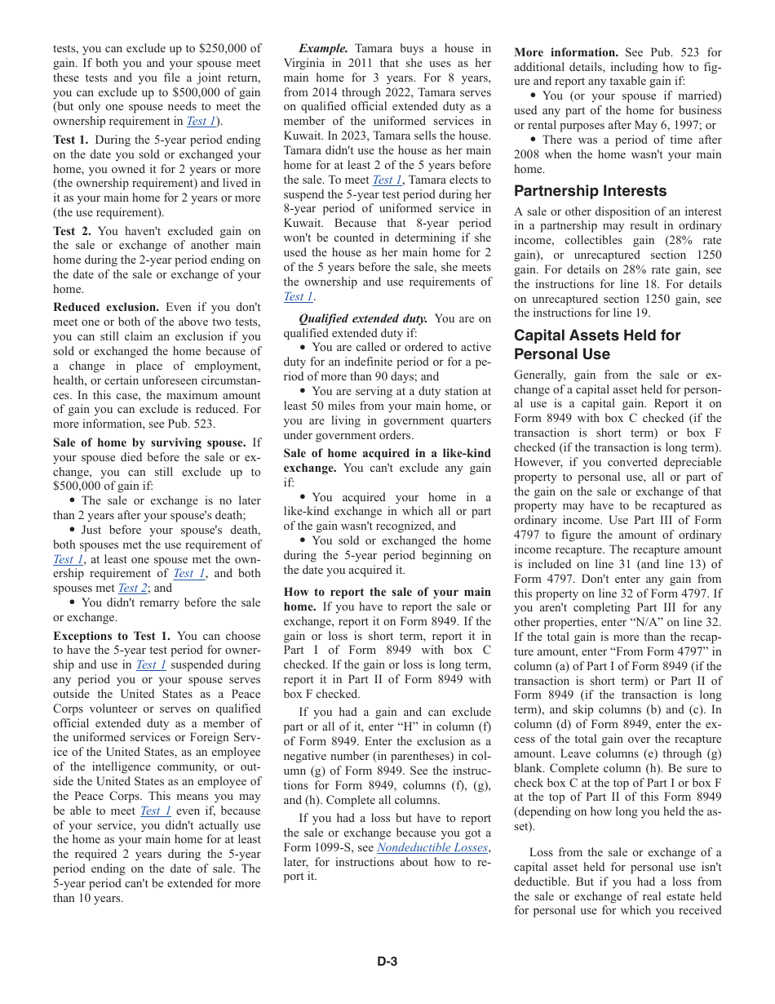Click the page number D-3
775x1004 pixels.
(387, 962)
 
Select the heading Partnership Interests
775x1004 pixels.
(590, 191)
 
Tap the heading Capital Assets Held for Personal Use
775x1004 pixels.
(596, 344)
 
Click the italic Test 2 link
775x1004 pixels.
(132, 588)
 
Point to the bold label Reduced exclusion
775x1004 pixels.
(106, 307)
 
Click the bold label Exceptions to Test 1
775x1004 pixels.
(112, 636)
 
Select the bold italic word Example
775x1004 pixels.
(323, 49)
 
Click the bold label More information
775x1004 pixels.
(566, 52)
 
